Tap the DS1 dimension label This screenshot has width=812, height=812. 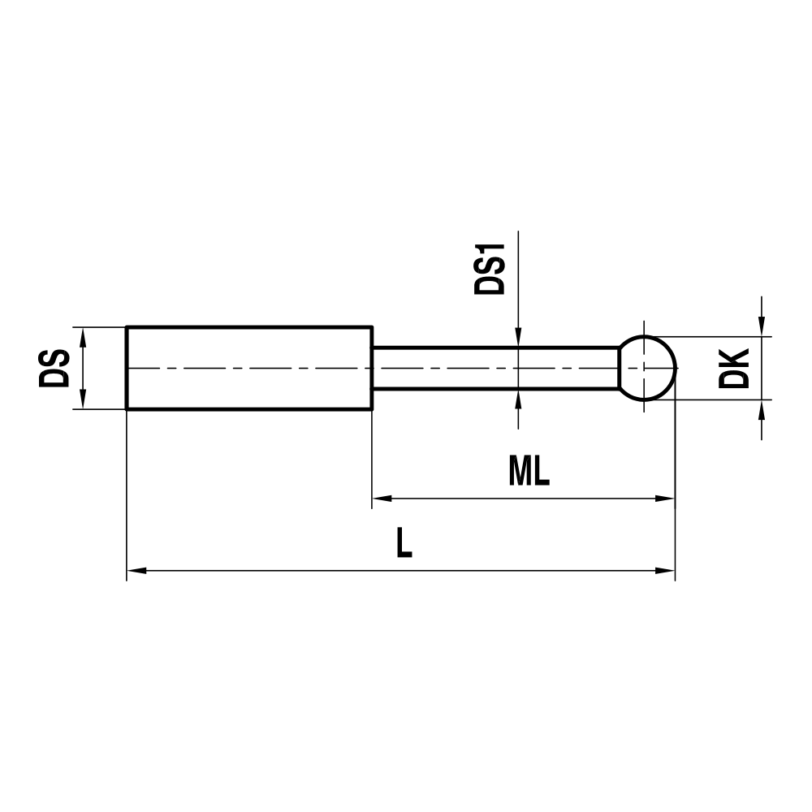[490, 268]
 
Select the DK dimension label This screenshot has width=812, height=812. [736, 368]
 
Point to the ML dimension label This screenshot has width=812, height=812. [529, 472]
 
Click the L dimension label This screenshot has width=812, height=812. [404, 543]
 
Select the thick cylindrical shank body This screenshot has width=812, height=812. [248, 368]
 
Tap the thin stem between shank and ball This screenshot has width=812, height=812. [495, 368]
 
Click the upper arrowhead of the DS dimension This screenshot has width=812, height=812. [82, 335]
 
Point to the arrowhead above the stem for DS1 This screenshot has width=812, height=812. [517, 339]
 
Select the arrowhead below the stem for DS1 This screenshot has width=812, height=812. [517, 398]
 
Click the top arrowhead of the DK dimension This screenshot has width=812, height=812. [762, 326]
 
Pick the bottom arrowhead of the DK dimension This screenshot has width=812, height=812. [762, 408]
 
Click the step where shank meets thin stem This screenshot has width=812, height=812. [372, 368]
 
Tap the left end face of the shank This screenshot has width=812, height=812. [127, 368]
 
